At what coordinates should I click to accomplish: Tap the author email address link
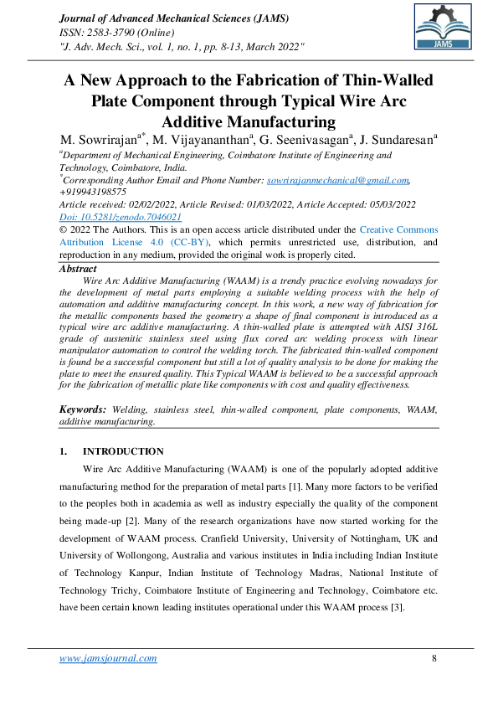click(337, 180)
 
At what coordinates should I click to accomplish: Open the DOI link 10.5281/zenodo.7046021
click(121, 216)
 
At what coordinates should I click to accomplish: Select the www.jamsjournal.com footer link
click(108, 658)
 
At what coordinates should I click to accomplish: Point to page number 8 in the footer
click(434, 658)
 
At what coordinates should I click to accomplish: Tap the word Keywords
click(83, 409)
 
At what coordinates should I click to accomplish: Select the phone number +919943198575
click(92, 192)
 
